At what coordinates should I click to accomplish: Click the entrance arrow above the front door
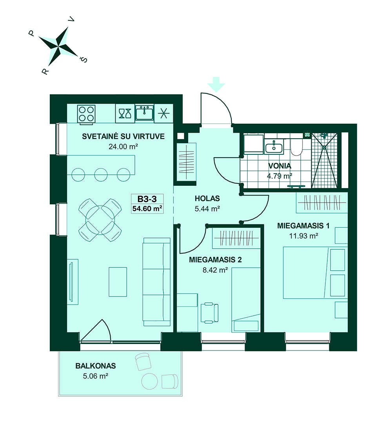coord(216,84)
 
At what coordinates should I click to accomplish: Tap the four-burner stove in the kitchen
coord(86,113)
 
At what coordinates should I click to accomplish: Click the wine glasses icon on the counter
coord(125,113)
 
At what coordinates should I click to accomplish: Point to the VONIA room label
coord(279,166)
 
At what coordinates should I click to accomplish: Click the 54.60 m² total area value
coord(147,209)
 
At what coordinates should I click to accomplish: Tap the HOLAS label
coord(207,198)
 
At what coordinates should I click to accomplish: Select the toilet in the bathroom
coord(296,146)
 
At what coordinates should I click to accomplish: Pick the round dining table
coord(100,220)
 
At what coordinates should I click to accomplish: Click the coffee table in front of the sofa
coord(118,282)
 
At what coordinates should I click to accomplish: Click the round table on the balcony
coord(150,381)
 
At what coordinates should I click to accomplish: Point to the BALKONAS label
coord(96,366)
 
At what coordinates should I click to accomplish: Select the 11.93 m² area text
coord(304,236)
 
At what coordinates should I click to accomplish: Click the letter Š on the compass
coord(83,59)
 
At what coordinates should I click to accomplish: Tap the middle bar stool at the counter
coord(101,174)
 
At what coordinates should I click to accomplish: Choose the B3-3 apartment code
coord(147,199)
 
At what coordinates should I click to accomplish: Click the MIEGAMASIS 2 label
coord(215,260)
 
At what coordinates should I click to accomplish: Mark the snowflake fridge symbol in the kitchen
coord(164,113)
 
